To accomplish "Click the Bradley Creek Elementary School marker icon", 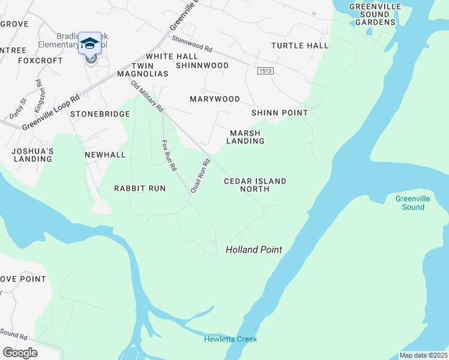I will (90, 45).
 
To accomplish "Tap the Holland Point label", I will (254, 250).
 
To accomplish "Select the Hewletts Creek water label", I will (230, 339).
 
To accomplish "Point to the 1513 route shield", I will (265, 71).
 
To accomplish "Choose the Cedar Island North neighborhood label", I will (255, 185).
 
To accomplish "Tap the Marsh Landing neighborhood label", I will (245, 137).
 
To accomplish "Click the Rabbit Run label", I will (140, 188).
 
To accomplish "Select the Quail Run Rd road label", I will (200, 175).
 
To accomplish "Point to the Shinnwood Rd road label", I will (192, 43).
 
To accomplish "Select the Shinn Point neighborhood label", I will (280, 113).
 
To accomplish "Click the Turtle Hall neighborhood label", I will (300, 46).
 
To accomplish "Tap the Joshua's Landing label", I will (33, 155).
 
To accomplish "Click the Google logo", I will (20, 353).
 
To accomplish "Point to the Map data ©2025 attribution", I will (423, 355).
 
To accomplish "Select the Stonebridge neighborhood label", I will (100, 114).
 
